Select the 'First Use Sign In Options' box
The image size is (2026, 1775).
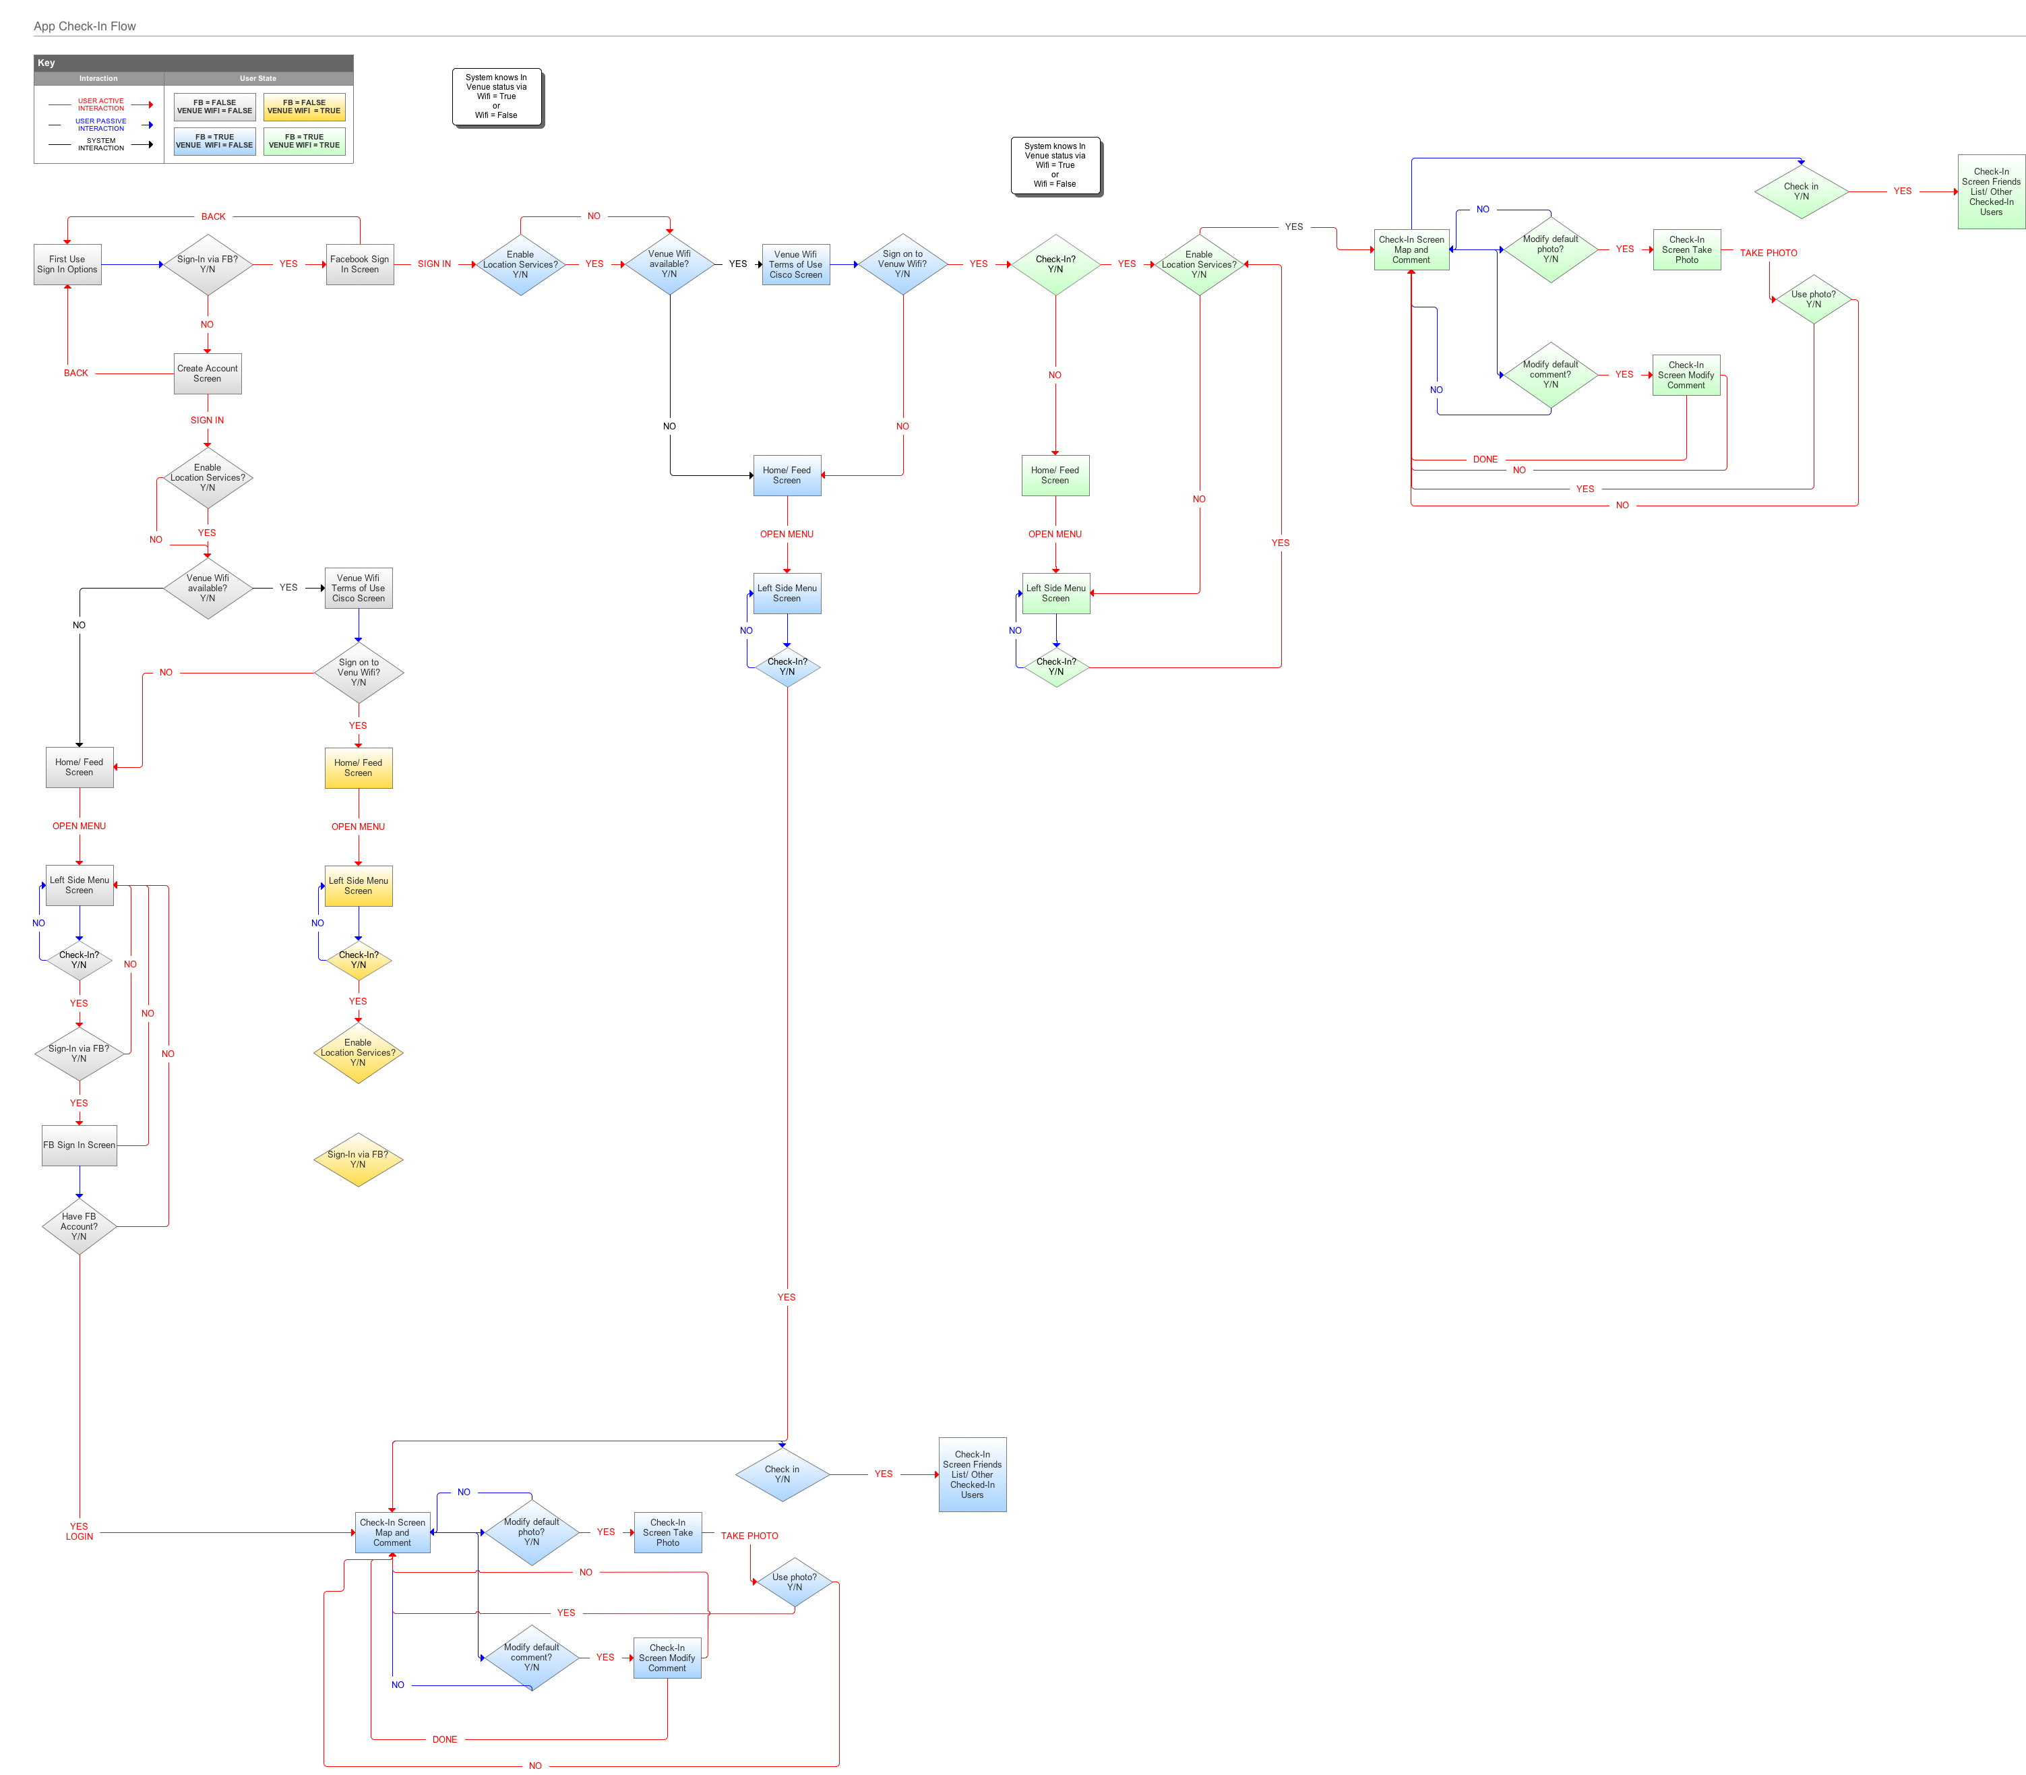[67, 264]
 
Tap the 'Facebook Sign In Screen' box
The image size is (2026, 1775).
[359, 264]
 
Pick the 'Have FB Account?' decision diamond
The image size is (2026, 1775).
[80, 1226]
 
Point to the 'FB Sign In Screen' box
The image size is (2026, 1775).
[80, 1145]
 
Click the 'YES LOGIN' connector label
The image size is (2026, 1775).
[80, 1532]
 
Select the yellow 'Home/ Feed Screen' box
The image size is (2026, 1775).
[359, 768]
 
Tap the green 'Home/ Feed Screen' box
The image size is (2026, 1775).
[1055, 475]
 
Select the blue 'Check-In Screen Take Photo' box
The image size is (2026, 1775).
[669, 1532]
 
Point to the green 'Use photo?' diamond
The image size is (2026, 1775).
[1813, 299]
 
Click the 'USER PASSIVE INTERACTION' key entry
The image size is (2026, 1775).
[101, 125]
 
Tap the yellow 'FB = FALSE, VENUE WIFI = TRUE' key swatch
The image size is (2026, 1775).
[304, 107]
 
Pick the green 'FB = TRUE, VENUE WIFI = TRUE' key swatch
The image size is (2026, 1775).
[304, 142]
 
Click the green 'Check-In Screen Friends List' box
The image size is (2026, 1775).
[1992, 192]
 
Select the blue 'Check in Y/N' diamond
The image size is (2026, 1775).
[782, 1474]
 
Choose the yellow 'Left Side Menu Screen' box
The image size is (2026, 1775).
[359, 886]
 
